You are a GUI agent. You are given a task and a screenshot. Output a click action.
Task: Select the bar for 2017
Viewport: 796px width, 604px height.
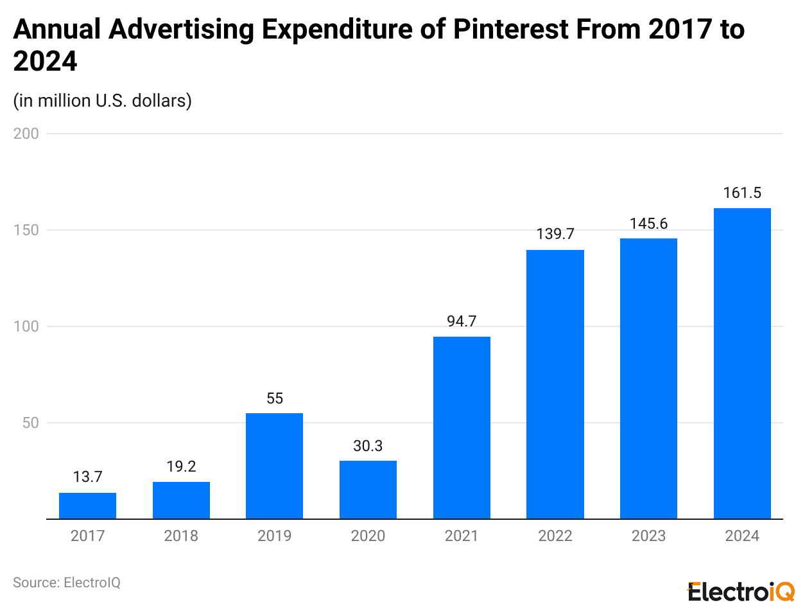[87, 506]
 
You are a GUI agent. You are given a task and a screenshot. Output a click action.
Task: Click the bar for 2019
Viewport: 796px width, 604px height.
[274, 466]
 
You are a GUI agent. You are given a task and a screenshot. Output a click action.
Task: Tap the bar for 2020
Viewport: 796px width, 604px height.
[368, 490]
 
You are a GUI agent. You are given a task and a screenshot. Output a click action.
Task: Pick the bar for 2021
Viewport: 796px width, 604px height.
[462, 427]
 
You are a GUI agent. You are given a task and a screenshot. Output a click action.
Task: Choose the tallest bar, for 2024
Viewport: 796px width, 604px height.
[742, 363]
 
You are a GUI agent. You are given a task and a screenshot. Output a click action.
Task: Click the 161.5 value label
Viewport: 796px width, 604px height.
[742, 193]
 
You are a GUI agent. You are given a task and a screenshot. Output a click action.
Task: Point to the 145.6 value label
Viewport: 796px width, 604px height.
[648, 224]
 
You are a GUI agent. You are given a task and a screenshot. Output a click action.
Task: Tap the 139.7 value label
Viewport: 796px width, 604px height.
[555, 235]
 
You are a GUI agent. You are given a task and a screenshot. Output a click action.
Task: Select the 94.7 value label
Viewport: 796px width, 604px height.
[462, 321]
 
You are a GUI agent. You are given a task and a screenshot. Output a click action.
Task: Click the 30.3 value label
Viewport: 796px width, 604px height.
[368, 445]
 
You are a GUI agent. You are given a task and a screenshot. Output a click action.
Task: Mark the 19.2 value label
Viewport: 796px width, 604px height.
[181, 466]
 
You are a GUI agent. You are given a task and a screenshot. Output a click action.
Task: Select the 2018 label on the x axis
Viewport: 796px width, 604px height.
[181, 536]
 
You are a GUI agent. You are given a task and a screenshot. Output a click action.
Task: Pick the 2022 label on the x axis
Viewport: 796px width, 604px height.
[555, 536]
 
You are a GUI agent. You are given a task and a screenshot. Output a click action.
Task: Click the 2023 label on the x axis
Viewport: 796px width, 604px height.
[648, 536]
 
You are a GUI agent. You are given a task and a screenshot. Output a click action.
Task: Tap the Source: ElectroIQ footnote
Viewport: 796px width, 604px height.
[67, 583]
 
